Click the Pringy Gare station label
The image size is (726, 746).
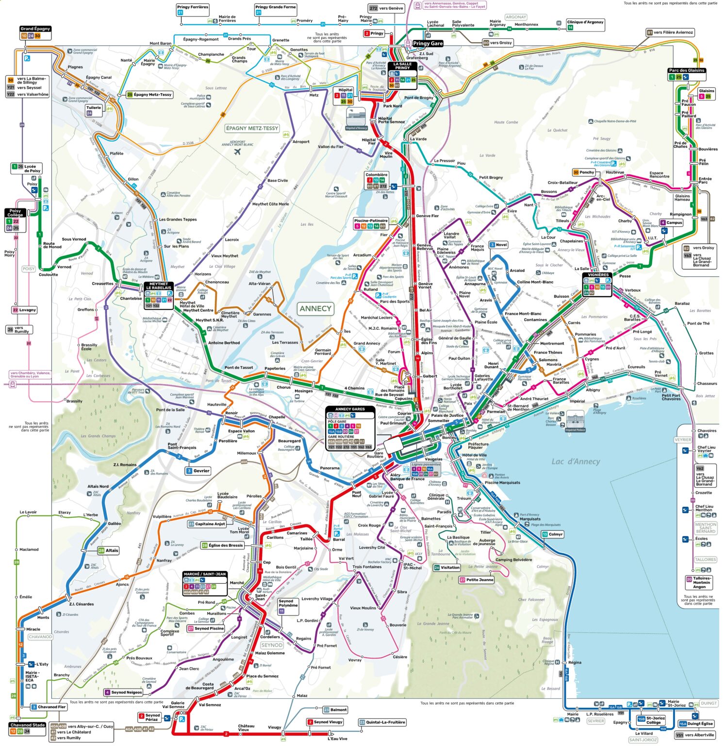click(428, 43)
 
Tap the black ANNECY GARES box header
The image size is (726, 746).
click(350, 409)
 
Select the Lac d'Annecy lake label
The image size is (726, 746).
click(576, 461)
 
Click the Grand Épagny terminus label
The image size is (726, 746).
click(35, 29)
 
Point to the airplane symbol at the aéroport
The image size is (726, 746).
click(237, 152)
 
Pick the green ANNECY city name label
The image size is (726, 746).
click(315, 308)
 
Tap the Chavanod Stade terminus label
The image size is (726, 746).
click(27, 725)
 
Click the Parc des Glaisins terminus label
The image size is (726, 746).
click(687, 70)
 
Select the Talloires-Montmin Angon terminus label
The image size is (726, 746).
click(702, 582)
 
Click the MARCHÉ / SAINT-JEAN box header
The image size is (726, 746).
click(205, 574)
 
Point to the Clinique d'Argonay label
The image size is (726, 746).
click(585, 22)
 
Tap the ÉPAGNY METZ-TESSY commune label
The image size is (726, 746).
click(252, 128)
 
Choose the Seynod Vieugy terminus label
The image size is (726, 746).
click(328, 722)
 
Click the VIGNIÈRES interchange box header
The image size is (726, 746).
click(597, 275)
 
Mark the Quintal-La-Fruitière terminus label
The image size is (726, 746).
click(385, 722)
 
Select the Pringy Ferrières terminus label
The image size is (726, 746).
click(193, 7)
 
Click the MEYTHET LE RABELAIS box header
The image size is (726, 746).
click(159, 286)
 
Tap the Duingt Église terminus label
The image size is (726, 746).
click(699, 724)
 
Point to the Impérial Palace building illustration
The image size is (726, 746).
click(576, 421)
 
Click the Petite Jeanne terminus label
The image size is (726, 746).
click(479, 579)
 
